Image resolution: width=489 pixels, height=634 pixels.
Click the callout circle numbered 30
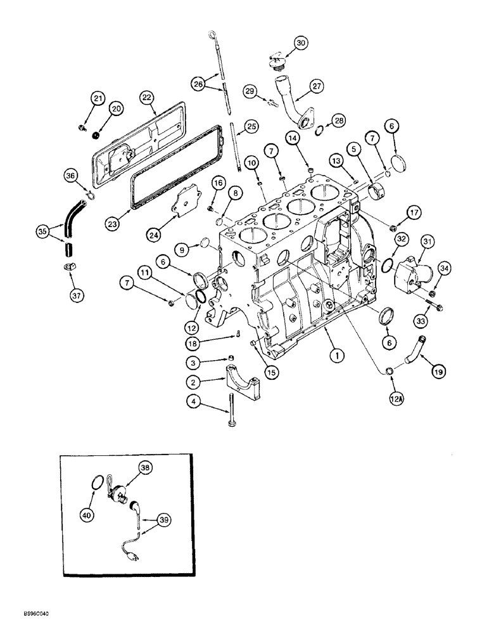click(x=300, y=42)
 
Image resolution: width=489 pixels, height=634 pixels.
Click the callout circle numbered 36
click(x=70, y=176)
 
